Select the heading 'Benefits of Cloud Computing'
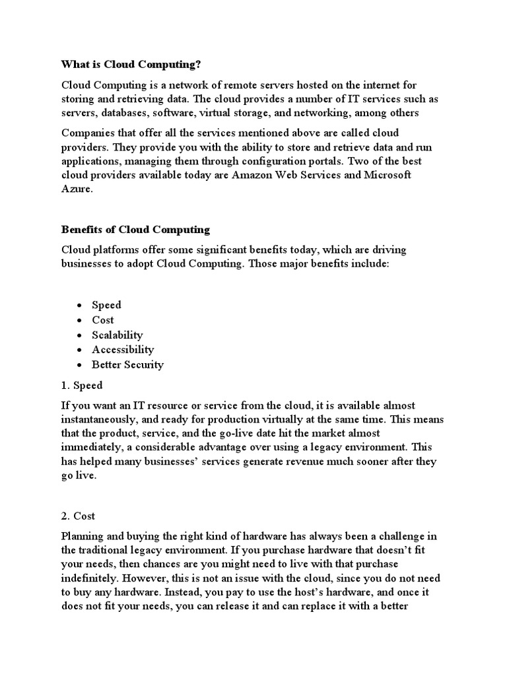pyautogui.click(x=135, y=230)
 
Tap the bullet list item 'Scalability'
pyautogui.click(x=117, y=335)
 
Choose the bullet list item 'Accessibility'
pyautogui.click(x=123, y=349)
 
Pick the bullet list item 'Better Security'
pyautogui.click(x=127, y=364)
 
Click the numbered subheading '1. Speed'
pyautogui.click(x=82, y=385)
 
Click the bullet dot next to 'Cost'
pyautogui.click(x=79, y=320)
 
